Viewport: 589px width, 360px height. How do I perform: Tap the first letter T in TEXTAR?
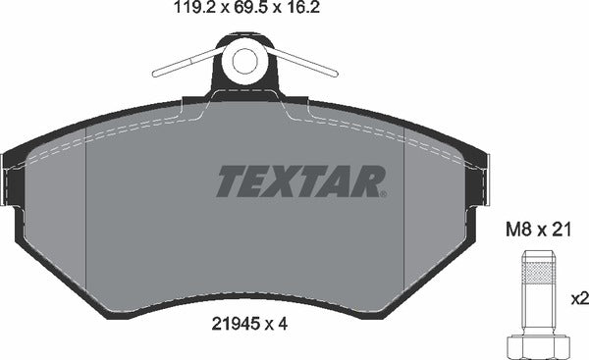(x=230, y=180)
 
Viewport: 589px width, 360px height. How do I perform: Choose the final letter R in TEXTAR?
(x=366, y=180)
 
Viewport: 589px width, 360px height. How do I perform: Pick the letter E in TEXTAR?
(x=256, y=180)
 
